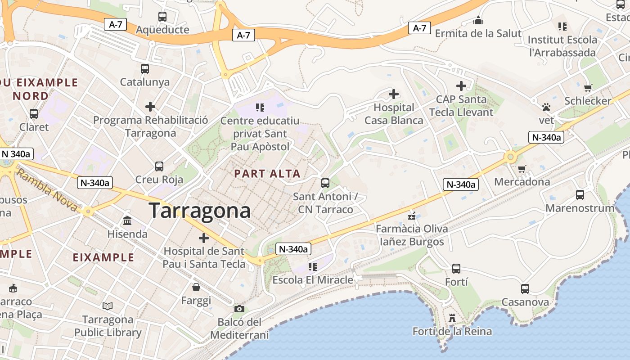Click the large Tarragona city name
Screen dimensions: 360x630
[x=199, y=211]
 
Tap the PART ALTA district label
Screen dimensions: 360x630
[x=267, y=174]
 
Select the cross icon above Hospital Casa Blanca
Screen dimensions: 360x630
[x=394, y=94]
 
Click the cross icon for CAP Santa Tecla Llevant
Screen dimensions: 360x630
[x=461, y=85]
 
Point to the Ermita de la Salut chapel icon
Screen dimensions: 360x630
[x=478, y=20]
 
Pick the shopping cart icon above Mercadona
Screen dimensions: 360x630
[x=522, y=169]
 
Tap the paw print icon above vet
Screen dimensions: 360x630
[x=546, y=107]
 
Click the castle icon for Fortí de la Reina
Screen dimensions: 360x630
[x=452, y=318]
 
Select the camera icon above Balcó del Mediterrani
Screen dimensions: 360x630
[x=239, y=309]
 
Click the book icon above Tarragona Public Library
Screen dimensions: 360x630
[x=108, y=306]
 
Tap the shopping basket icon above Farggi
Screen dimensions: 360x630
[x=196, y=287]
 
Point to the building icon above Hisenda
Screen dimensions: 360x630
[x=127, y=221]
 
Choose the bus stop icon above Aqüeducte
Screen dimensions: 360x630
[x=162, y=17]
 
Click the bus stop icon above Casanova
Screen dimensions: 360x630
[x=525, y=289]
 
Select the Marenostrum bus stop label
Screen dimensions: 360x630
[x=580, y=208]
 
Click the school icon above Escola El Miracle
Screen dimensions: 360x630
[x=313, y=267]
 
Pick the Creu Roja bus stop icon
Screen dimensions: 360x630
[x=159, y=166]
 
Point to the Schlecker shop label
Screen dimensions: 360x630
[x=588, y=101]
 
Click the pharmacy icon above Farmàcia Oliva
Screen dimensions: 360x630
[x=411, y=216]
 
